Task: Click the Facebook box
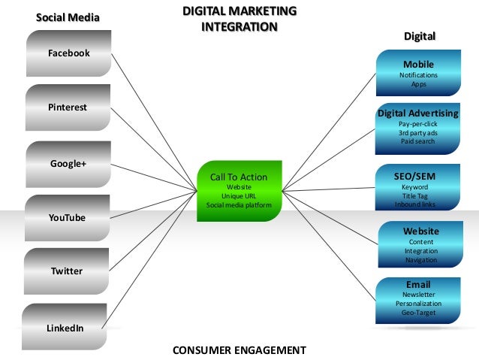(x=68, y=53)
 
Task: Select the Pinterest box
(x=68, y=107)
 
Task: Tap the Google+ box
(x=68, y=162)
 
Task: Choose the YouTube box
(x=67, y=217)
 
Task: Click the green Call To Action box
(x=239, y=190)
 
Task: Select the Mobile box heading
(x=418, y=65)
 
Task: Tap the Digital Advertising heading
(x=417, y=113)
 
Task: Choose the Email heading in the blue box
(x=418, y=285)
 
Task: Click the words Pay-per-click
(x=418, y=123)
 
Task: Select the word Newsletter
(x=418, y=295)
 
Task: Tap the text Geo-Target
(x=418, y=312)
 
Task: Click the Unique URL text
(x=238, y=195)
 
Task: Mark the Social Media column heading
(x=68, y=17)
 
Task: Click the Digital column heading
(x=420, y=36)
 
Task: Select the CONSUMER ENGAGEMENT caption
(x=239, y=350)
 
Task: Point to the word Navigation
(x=420, y=260)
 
